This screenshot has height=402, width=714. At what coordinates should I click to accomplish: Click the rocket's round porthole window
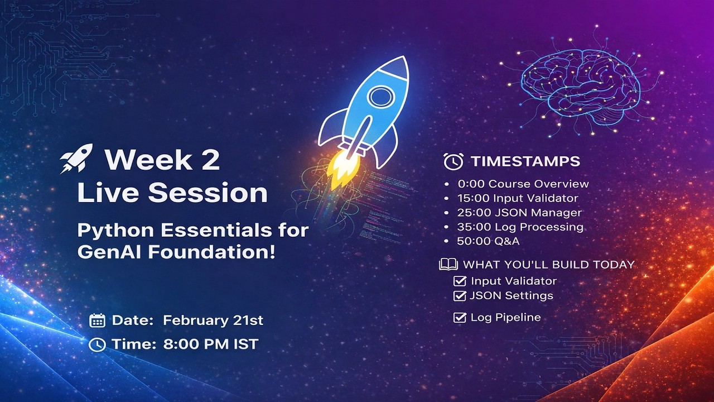coord(381,95)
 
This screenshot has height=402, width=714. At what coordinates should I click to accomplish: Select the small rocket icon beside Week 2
coord(76,159)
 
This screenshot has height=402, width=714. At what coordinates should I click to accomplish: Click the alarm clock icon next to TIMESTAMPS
coord(453,161)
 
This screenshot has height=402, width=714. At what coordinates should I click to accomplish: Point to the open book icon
coord(448,264)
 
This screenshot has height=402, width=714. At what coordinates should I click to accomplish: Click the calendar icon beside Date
coord(97,320)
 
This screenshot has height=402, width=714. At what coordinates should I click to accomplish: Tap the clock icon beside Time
coord(97,344)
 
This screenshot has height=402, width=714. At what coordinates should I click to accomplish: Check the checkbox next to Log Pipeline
coord(460,318)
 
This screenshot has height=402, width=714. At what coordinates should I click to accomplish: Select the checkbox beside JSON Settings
coord(460,295)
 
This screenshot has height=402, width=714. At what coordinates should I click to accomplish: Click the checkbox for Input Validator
coord(460,281)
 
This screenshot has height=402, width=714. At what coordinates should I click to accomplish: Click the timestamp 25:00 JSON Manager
coord(519,213)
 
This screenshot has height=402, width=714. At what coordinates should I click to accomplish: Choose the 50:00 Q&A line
coord(488,241)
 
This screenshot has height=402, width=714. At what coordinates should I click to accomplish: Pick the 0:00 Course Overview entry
coord(523,184)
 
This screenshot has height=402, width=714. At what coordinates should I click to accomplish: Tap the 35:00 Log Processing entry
coord(520,227)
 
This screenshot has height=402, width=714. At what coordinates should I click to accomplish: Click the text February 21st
coord(213,320)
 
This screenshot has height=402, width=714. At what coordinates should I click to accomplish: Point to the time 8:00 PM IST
coord(210,344)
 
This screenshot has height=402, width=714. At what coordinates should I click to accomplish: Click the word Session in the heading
coord(208,193)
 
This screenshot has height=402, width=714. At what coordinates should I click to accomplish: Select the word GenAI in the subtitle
coord(105,252)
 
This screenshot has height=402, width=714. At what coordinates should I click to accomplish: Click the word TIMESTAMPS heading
coord(525,161)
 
